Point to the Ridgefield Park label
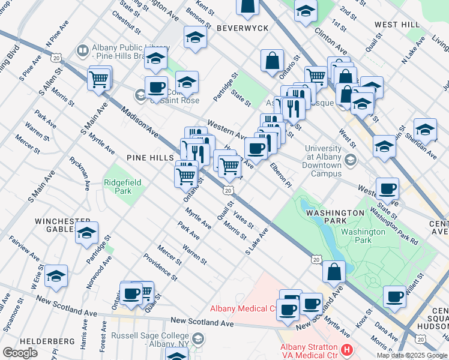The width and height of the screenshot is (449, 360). [118, 187]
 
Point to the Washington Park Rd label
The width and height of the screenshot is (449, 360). [394, 226]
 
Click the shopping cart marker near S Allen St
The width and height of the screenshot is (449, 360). [100, 78]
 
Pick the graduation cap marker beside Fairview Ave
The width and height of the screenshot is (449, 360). [56, 277]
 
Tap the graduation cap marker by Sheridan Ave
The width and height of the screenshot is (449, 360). [425, 130]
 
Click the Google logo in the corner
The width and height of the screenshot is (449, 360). [20, 352]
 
